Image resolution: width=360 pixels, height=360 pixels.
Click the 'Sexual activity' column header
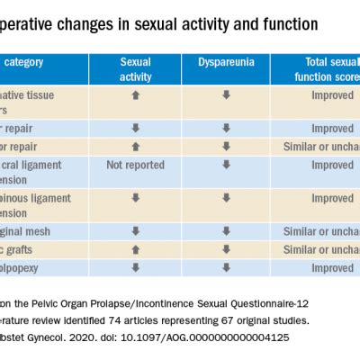click(135, 67)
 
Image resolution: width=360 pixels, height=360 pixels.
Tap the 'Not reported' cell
click(135, 166)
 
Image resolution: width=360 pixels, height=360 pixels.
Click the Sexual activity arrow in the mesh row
click(135, 231)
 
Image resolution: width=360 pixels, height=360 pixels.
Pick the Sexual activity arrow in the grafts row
click(135, 249)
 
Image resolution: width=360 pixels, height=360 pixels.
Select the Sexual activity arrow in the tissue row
click(135, 93)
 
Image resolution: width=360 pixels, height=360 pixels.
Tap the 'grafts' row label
click(34, 249)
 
